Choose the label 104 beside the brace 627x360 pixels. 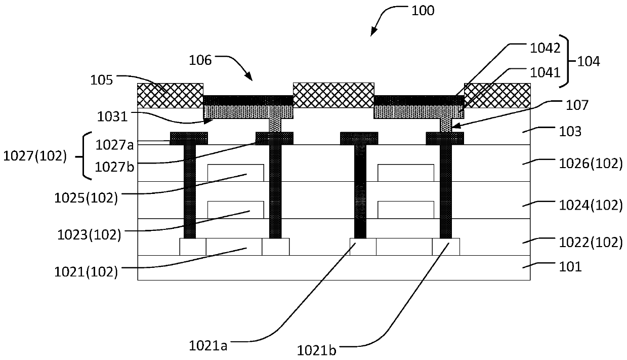(x=589, y=61)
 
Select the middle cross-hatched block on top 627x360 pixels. (x=333, y=95)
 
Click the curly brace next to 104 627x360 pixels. (x=568, y=61)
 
